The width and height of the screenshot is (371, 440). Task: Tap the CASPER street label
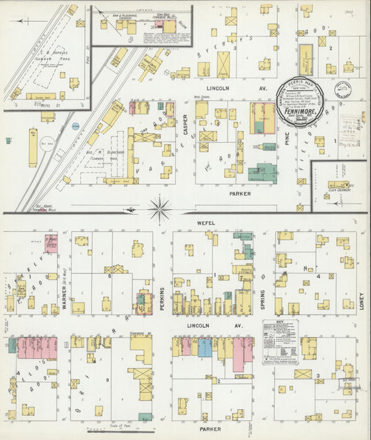[x=186, y=124]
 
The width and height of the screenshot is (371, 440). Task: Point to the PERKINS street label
[x=161, y=297]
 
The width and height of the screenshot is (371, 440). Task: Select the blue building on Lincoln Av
[x=205, y=347]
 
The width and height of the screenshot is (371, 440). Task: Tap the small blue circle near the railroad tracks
[x=75, y=127]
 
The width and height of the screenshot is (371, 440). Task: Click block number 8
[x=110, y=276]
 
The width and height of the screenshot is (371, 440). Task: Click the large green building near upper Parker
[x=262, y=172]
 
